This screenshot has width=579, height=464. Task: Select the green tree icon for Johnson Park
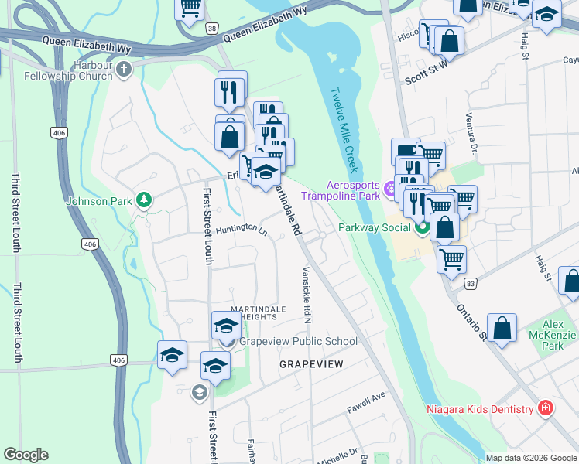coord(143,200)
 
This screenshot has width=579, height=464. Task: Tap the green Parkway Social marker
coord(422,227)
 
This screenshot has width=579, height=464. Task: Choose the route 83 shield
coord(471,284)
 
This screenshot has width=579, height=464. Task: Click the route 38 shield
coord(211,27)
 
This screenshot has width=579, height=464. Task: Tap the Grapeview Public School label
coord(298,341)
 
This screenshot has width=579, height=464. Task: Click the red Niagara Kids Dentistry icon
coord(545,408)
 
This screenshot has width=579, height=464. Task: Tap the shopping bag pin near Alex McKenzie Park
coord(502,326)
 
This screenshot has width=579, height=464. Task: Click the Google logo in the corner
coord(26,454)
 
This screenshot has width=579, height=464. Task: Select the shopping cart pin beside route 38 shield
coord(190,8)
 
